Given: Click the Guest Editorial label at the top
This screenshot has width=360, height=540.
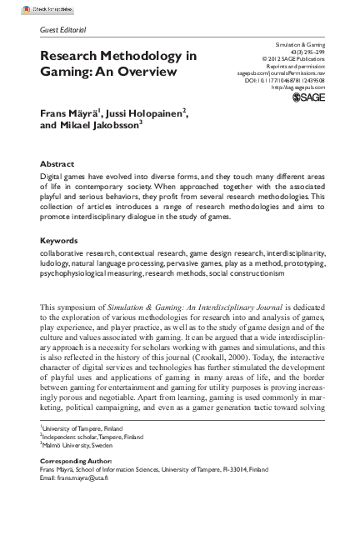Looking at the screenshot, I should pos(62,30).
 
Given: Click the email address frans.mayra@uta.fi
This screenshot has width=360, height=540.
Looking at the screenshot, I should pos(87,477).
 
